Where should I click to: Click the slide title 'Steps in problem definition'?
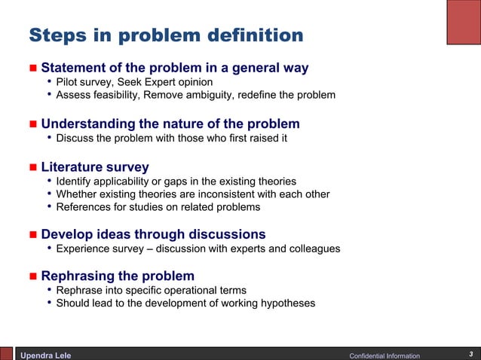[x=166, y=35]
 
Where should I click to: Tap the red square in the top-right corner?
[x=463, y=22]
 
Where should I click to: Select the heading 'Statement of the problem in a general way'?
[x=174, y=68]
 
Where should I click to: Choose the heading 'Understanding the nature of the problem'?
[x=170, y=124]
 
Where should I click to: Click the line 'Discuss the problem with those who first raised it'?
[x=171, y=138]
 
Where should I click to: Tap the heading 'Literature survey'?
[x=94, y=166]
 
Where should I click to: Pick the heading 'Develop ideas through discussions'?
[x=153, y=234]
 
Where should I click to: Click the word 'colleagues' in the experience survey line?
[x=314, y=249]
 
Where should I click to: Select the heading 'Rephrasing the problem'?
[x=117, y=276]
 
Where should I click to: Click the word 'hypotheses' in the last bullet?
[x=288, y=304]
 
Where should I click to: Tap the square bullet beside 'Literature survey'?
[x=32, y=167]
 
